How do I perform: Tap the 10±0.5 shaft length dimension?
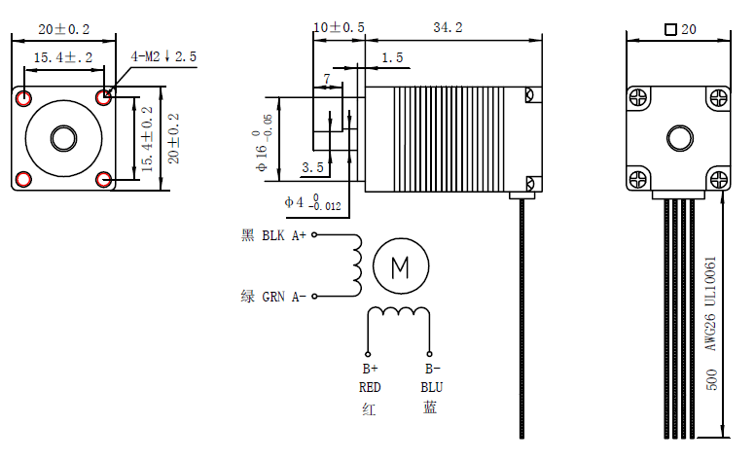pos(339,28)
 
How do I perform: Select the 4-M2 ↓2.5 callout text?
pos(163,57)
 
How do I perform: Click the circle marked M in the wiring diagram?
pos(400,265)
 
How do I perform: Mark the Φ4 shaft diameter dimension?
pos(312,202)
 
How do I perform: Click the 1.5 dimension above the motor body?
pos(392,58)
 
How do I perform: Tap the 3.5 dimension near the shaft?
pos(312,167)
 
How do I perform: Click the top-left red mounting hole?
pos(23,97)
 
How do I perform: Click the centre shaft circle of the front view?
pos(63,137)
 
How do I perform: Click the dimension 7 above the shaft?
pos(327,77)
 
